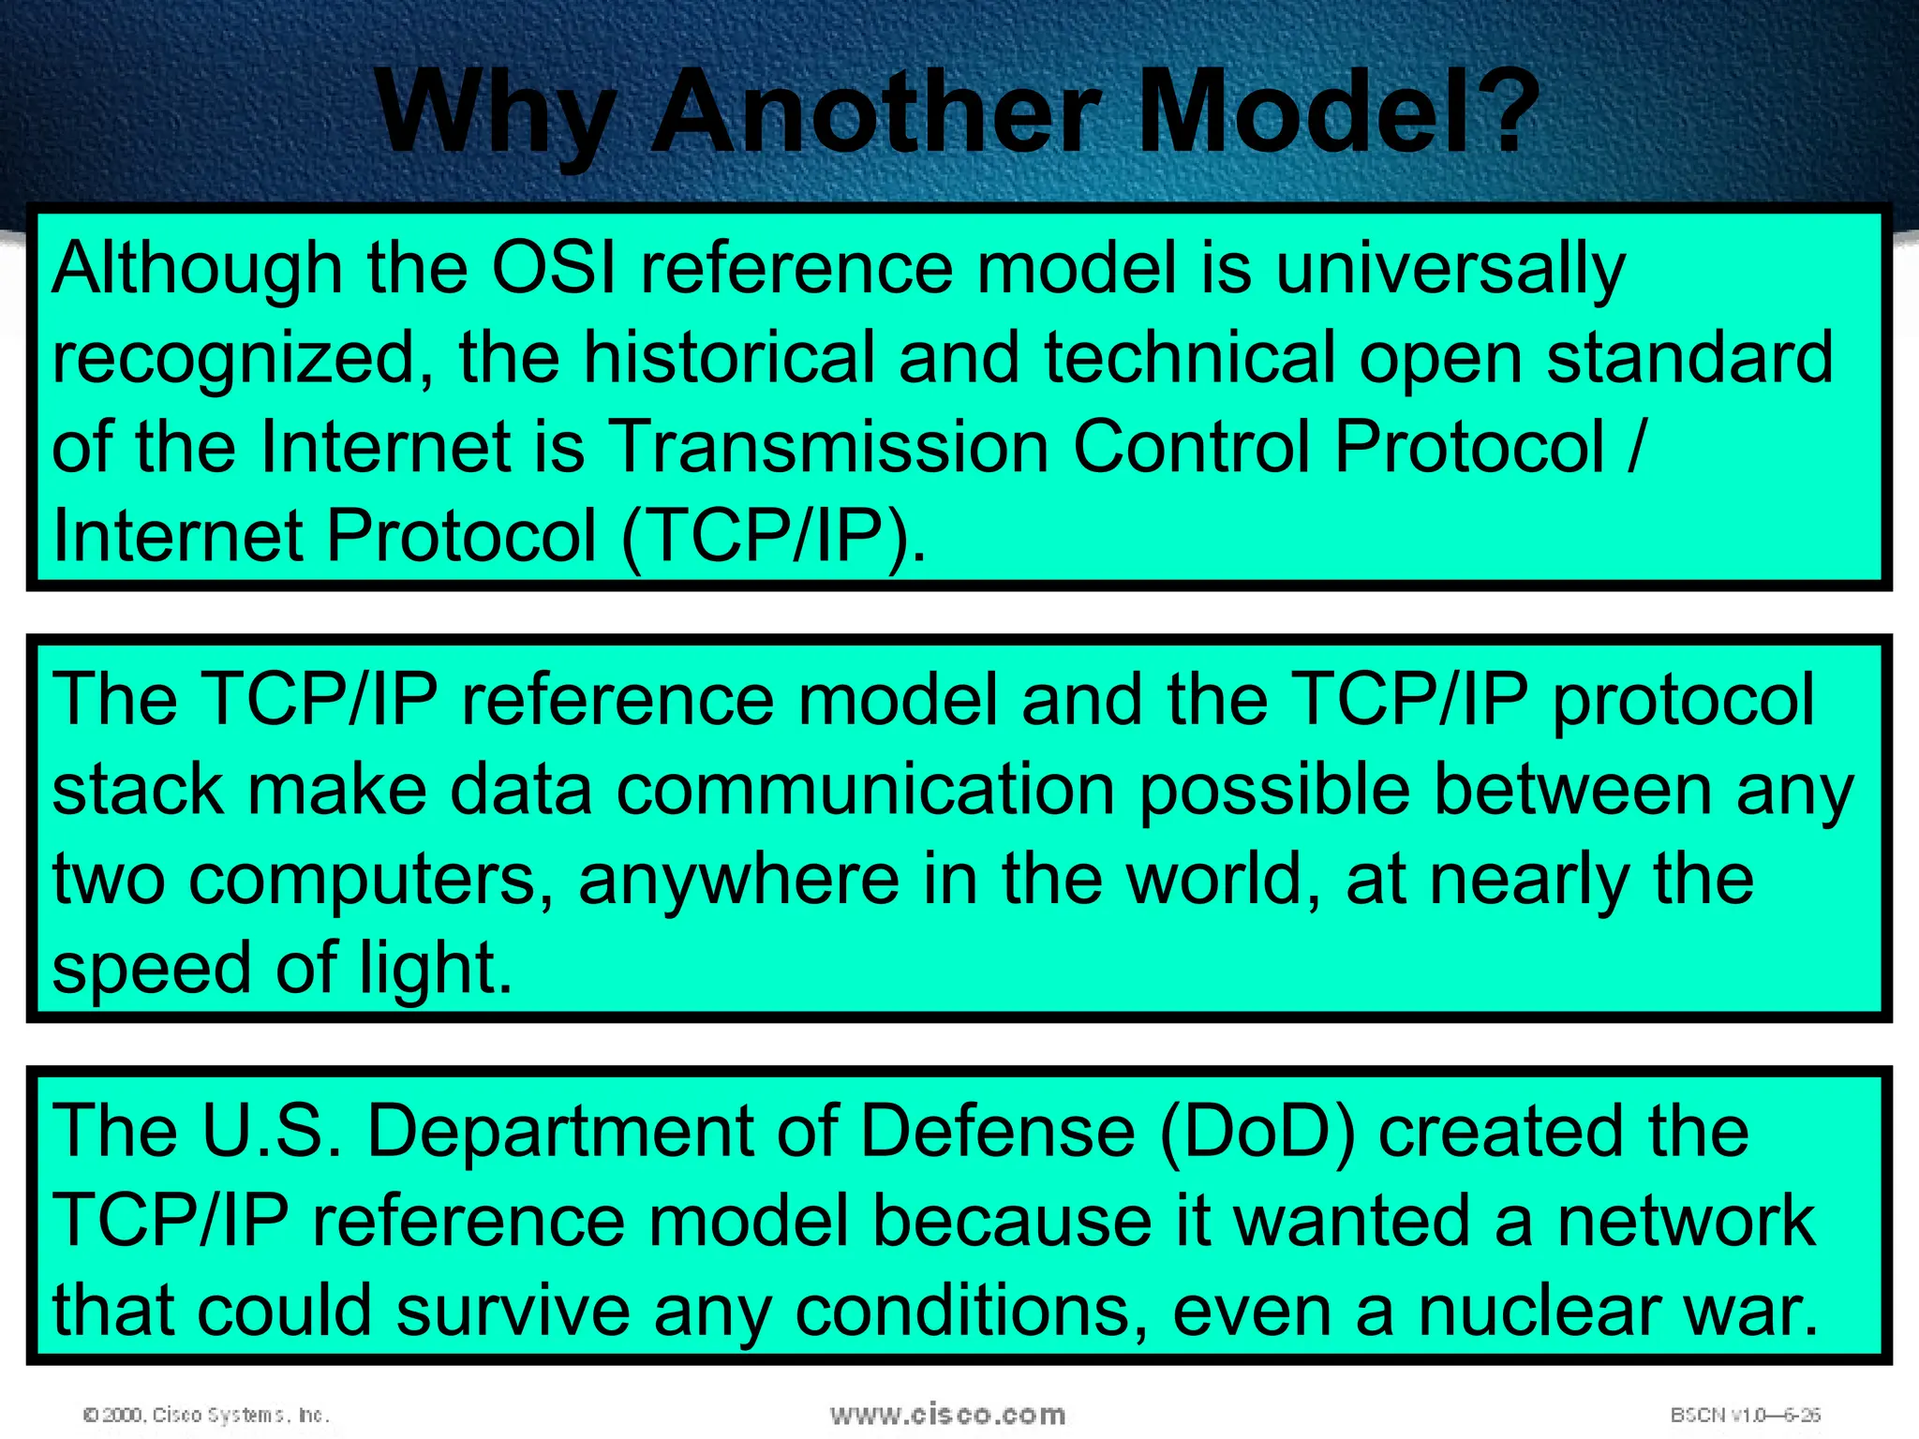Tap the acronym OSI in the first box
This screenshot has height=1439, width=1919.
tap(553, 269)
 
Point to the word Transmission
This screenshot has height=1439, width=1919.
tap(828, 447)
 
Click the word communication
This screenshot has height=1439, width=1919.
tap(865, 790)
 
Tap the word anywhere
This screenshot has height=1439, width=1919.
tap(739, 881)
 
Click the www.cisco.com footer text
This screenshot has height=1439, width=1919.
tap(947, 1414)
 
